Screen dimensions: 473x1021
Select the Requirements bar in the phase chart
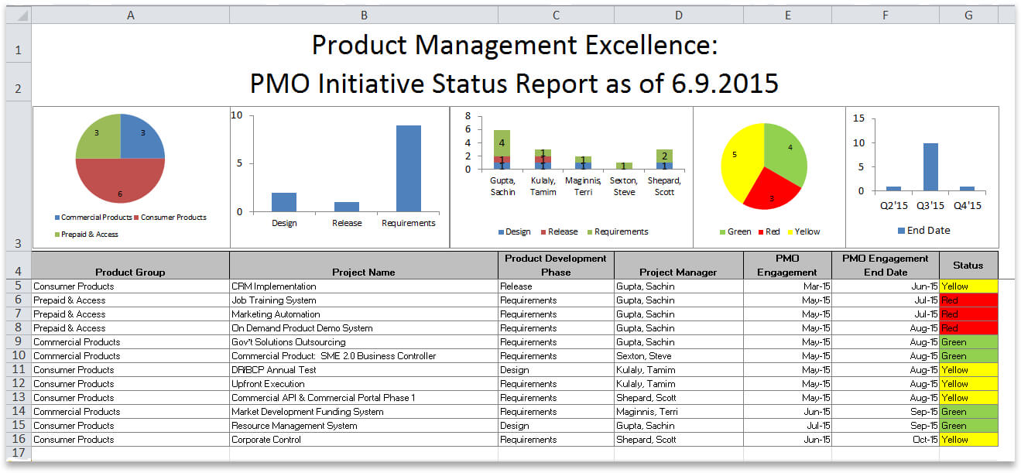point(409,167)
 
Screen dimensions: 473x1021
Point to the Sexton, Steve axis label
point(624,187)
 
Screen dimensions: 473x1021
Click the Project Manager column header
point(678,272)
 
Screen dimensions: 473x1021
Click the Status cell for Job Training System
point(968,300)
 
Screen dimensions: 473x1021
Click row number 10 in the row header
point(18,356)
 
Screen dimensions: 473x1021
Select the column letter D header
point(678,15)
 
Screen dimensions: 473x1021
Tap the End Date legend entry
point(923,230)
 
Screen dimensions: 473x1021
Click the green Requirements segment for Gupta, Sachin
point(502,142)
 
